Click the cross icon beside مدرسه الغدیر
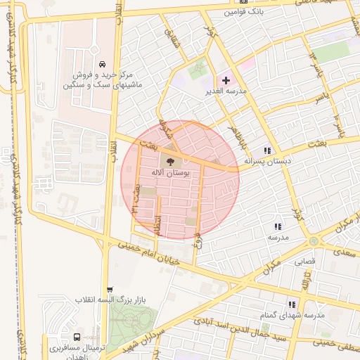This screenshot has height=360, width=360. pos(225,81)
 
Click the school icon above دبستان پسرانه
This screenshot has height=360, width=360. pos(266,150)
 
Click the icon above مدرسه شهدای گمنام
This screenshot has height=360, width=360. pos(291,304)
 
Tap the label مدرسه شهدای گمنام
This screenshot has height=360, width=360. pos(292,315)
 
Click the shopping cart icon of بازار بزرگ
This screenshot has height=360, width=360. pos(110,290)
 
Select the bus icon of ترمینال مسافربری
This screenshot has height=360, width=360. pos(77,336)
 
